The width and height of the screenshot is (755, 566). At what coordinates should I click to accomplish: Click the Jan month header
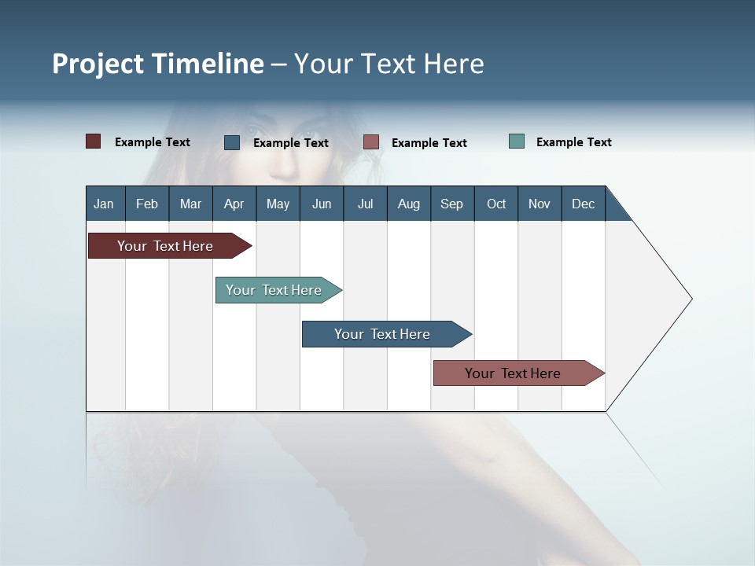tap(105, 204)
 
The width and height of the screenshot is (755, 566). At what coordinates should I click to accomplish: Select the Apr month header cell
tap(234, 204)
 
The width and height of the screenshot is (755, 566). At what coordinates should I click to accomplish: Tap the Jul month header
tap(365, 204)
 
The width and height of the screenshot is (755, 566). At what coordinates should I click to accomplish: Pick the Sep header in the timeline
tap(451, 204)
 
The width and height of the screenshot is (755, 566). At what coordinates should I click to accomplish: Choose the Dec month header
tap(583, 204)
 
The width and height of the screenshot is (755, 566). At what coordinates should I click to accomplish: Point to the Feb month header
tap(147, 204)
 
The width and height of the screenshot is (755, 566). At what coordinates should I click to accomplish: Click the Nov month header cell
tap(539, 204)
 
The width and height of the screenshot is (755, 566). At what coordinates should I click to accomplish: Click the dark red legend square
tap(94, 141)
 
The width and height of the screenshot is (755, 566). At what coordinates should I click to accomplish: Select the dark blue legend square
tap(232, 142)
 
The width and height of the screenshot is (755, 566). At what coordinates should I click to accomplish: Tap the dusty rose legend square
tap(371, 142)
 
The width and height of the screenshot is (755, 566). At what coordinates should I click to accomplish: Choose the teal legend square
tap(517, 141)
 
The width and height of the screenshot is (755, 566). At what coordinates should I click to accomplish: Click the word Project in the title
tap(98, 64)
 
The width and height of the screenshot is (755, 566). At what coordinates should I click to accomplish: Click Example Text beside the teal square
tap(573, 142)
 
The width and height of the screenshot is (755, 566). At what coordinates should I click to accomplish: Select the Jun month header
tap(322, 204)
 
